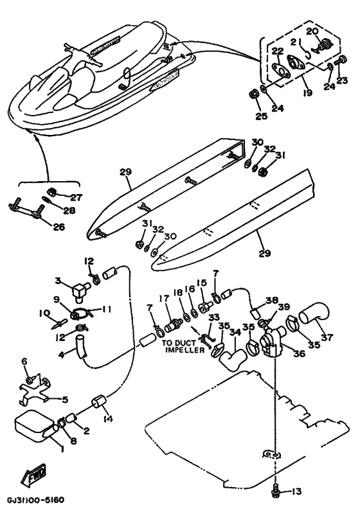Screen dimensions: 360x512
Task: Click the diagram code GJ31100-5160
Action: [35, 500]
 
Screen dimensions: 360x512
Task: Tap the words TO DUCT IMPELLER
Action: [184, 346]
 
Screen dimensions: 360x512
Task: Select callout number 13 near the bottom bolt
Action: [296, 491]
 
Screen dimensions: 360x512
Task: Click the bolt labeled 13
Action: [276, 491]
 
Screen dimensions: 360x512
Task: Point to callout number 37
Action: [327, 337]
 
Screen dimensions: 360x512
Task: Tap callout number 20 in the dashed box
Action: [312, 31]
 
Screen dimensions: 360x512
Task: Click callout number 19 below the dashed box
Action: [307, 93]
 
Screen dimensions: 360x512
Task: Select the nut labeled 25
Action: [253, 94]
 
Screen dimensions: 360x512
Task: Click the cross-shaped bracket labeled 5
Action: [33, 390]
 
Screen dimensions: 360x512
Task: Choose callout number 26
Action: [59, 227]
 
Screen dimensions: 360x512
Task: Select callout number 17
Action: [164, 298]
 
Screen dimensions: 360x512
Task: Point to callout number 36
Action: [299, 353]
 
